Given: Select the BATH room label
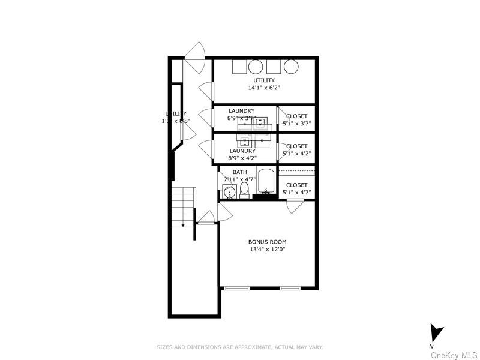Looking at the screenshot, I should [239, 172].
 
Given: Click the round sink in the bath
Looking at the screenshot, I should [229, 192].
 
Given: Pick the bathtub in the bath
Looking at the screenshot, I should [265, 182].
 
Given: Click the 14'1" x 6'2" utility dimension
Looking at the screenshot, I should [264, 88].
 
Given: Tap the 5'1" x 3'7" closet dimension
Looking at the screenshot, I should [296, 124].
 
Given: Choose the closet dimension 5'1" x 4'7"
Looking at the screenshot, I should [296, 193].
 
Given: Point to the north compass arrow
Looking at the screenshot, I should [437, 333].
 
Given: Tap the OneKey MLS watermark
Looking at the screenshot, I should [454, 355].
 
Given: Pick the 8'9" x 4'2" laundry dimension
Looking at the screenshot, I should [242, 158].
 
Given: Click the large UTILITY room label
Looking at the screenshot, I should [264, 80].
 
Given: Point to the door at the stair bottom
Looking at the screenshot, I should [207, 217].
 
